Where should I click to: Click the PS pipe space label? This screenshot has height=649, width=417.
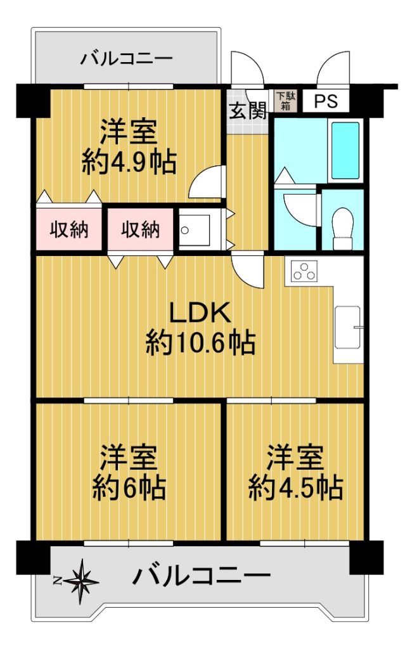click(326, 101)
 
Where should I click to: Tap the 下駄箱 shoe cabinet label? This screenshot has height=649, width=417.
click(285, 101)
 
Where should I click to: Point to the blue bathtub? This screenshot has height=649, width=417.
click(345, 150)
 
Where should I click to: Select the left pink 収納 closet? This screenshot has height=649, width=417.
click(68, 228)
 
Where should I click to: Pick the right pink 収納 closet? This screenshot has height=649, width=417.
click(140, 228)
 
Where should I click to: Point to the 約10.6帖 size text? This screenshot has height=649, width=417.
click(200, 342)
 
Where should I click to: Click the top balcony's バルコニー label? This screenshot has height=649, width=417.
click(126, 58)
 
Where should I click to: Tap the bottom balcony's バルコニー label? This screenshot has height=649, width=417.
click(202, 575)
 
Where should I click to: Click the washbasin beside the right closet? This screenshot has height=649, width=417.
click(194, 230)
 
